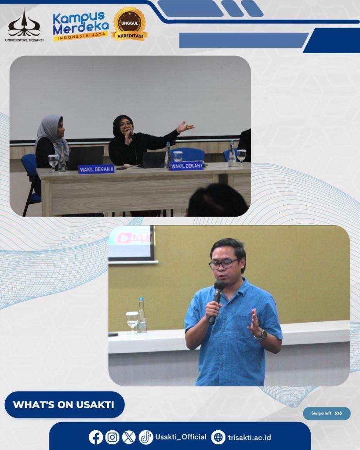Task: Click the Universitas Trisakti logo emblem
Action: (24, 24)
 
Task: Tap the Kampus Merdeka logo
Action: (81, 26)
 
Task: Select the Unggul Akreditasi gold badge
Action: (130, 24)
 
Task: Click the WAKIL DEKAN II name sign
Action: (96, 169)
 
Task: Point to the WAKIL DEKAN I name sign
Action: (187, 166)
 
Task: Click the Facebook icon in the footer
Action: (95, 437)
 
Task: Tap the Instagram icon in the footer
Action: (112, 437)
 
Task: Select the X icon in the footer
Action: (129, 437)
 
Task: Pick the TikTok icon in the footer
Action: (146, 437)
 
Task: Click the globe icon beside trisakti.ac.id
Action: (218, 437)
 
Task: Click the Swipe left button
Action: (327, 413)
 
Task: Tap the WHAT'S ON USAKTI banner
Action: (65, 404)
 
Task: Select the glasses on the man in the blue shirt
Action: (224, 264)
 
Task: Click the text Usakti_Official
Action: (181, 437)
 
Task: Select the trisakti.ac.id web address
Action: (250, 437)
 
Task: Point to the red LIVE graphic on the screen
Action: (134, 238)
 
